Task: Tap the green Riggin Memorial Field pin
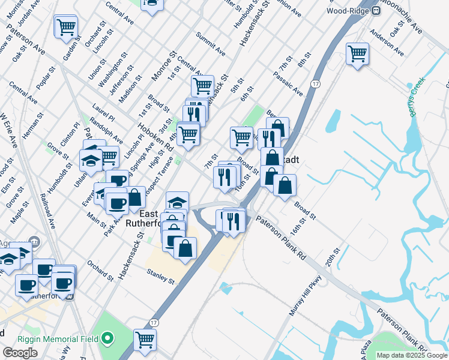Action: pos(107,339)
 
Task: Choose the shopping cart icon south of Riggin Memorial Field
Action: pos(145,340)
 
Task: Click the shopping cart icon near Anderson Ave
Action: pos(357,53)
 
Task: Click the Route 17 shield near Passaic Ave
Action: pos(315,86)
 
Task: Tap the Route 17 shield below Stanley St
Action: pos(154,313)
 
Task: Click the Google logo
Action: pos(20,353)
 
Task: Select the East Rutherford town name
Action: pos(150,219)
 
